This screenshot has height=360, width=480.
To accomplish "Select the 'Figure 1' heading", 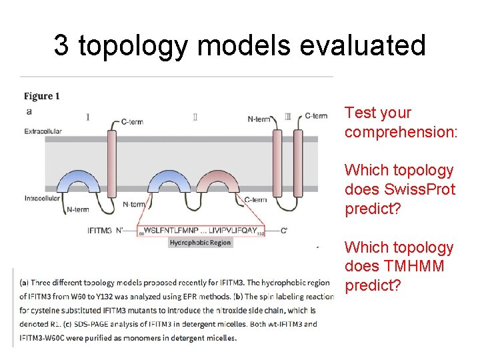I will (x=42, y=96).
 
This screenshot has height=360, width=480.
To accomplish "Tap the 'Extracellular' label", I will (x=44, y=131).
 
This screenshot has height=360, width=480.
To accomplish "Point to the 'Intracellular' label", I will (x=43, y=198).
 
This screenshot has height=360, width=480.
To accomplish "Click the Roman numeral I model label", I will (x=88, y=117).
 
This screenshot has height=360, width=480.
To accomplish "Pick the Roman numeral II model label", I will (x=195, y=117).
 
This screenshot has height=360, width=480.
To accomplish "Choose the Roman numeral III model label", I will (x=287, y=117).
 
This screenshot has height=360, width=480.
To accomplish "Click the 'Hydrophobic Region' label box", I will (x=200, y=243).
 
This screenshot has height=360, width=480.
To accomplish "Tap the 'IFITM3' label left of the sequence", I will (x=102, y=231).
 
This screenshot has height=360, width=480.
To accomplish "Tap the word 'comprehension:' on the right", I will (x=401, y=132).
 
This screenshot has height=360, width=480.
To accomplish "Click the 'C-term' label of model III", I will (x=316, y=116).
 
